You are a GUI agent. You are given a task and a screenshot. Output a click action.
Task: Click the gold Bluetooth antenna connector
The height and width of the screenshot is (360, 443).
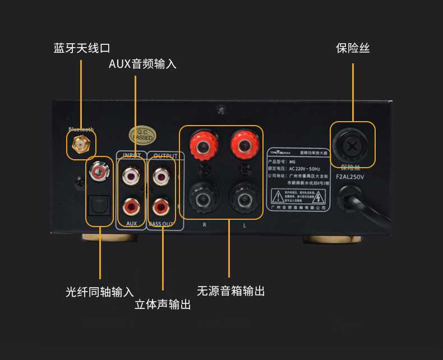click(79, 145)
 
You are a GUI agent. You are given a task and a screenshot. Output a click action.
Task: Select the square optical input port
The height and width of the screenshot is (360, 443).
click(99, 207)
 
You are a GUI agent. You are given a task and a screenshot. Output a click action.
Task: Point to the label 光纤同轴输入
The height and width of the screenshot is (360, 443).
click(99, 292)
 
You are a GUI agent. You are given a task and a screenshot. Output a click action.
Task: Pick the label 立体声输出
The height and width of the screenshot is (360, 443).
click(162, 304)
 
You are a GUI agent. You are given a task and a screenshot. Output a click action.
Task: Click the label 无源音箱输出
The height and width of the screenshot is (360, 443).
click(230, 291)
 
